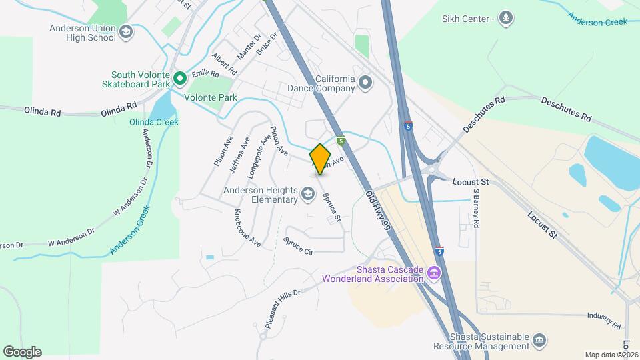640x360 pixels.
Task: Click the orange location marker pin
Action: (321, 159)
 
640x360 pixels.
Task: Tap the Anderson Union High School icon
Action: (125, 32)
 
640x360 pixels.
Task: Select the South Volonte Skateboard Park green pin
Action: (179, 79)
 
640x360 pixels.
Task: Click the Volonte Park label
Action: (211, 97)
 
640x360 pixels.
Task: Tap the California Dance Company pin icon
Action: (364, 83)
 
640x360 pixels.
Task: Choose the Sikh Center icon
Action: (506, 17)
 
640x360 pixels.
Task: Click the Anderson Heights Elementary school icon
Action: (307, 194)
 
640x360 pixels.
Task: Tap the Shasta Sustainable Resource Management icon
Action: (540, 341)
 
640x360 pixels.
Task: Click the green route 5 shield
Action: (341, 141)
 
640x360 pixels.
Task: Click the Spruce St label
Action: (332, 207)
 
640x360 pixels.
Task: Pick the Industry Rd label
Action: (605, 321)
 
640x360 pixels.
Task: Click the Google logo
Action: (22, 351)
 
